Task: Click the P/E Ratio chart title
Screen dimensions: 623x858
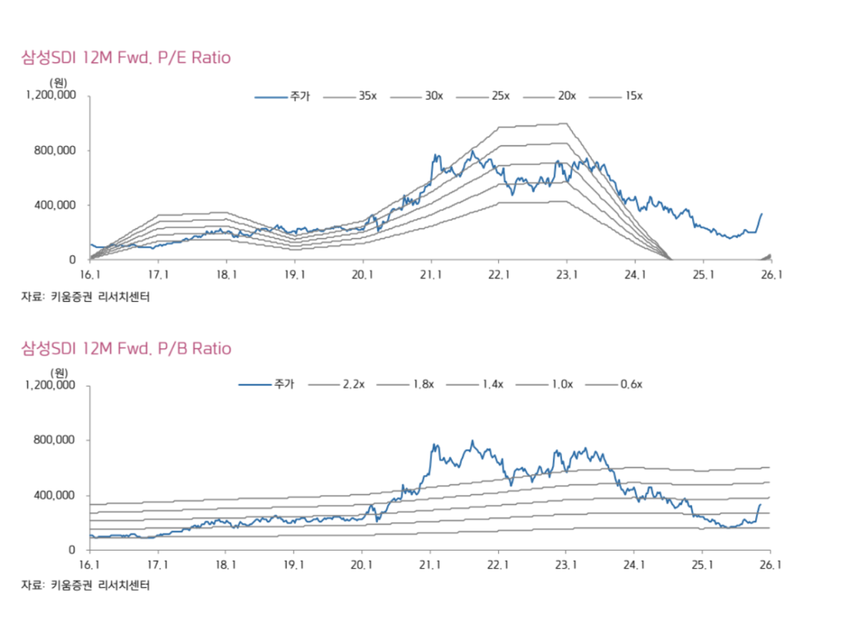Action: click(126, 58)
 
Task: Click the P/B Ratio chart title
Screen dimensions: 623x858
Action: click(126, 349)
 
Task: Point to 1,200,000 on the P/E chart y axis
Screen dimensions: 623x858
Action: click(51, 95)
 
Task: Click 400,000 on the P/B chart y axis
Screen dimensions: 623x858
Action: click(56, 496)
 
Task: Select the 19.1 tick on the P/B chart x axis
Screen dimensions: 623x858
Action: click(295, 565)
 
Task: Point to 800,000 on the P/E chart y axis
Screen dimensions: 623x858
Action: click(56, 150)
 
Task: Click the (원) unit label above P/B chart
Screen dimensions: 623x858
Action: click(59, 373)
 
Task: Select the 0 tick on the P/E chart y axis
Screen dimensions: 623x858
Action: click(73, 260)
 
